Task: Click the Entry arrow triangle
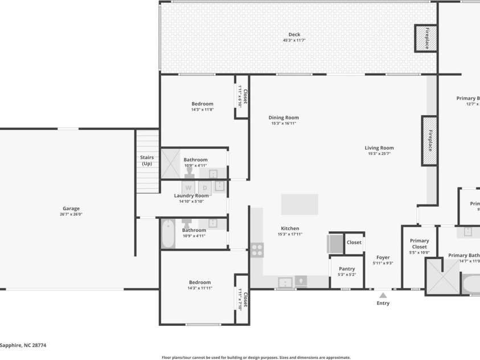pyautogui.click(x=383, y=295)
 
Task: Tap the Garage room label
pyautogui.click(x=71, y=208)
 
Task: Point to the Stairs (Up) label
pyautogui.click(x=147, y=161)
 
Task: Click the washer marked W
pyautogui.click(x=188, y=187)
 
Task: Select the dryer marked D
pyautogui.click(x=205, y=187)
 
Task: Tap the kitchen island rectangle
pyautogui.click(x=300, y=204)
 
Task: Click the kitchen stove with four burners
pyautogui.click(x=257, y=249)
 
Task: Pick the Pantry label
pyautogui.click(x=347, y=269)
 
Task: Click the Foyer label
pyautogui.click(x=383, y=257)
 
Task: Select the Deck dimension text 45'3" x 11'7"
pyautogui.click(x=294, y=40)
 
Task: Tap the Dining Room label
pyautogui.click(x=284, y=118)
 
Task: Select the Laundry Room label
pyautogui.click(x=191, y=195)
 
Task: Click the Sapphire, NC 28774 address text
pyautogui.click(x=23, y=345)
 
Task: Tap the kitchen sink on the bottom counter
pyautogui.click(x=284, y=282)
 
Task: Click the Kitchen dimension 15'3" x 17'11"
pyautogui.click(x=290, y=234)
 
